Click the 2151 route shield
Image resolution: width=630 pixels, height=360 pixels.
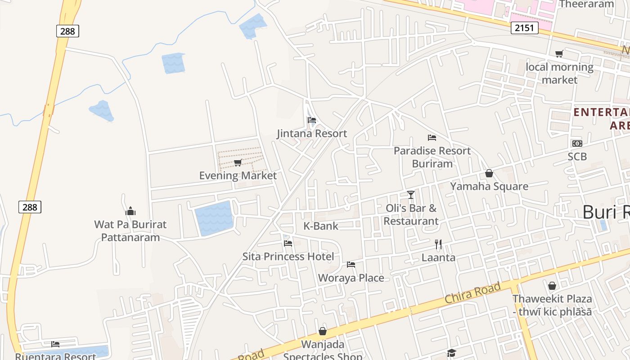tap(524, 28)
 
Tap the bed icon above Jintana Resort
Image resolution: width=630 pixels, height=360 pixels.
tap(311, 120)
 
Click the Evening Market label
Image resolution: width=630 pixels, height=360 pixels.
tap(238, 175)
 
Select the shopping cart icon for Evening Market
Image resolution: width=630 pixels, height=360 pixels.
tap(238, 162)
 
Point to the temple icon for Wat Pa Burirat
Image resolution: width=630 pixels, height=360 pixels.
tap(130, 211)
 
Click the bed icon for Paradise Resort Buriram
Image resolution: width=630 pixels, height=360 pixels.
tap(432, 137)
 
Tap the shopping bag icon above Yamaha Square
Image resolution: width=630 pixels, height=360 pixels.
tap(489, 173)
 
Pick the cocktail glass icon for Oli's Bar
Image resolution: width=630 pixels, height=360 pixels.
tap(411, 194)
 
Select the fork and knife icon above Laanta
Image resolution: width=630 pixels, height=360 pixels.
tap(438, 244)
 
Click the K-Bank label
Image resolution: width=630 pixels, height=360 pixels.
tap(321, 226)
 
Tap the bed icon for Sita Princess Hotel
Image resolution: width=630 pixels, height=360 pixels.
tap(288, 243)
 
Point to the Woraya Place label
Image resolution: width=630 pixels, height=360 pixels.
tap(351, 278)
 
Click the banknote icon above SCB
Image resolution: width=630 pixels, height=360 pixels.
tap(577, 144)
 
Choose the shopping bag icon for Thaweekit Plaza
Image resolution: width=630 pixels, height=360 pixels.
tap(552, 286)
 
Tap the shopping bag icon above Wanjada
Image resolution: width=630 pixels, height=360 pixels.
tap(323, 332)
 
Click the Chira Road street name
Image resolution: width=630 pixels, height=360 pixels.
tap(472, 292)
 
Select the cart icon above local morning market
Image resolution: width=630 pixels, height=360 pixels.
tap(559, 54)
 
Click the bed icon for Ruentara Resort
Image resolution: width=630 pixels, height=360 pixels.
tap(55, 344)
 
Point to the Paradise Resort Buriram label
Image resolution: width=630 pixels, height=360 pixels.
tap(432, 157)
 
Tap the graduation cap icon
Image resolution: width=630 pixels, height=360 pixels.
tap(451, 353)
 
